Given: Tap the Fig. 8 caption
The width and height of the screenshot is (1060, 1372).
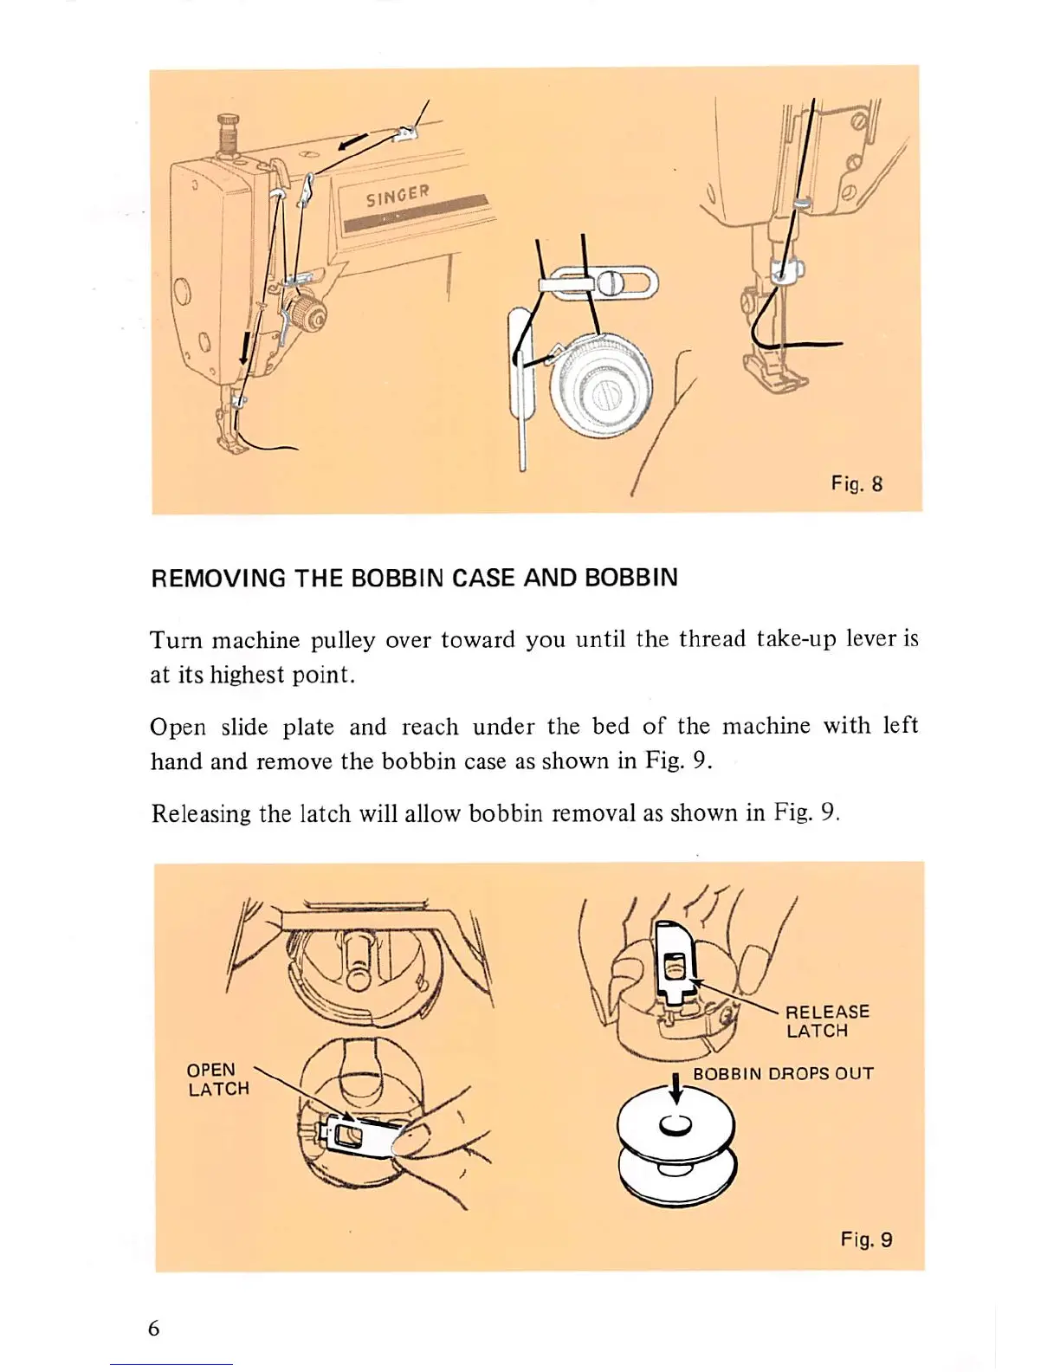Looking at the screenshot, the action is point(856,484).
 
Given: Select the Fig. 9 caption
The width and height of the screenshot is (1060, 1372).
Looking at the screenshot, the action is point(865,1239).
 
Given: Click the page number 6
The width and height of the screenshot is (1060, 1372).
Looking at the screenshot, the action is point(154,1328).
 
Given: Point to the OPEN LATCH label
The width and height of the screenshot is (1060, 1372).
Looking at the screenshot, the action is point(217,1079).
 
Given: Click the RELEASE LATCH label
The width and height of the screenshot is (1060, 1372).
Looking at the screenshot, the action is point(827,1021).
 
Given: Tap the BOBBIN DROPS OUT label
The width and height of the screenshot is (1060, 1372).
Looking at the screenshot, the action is point(783,1074).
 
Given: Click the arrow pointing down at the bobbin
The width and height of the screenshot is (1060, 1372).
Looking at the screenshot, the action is point(676,1090).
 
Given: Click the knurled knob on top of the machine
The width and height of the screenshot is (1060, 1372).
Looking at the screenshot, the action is point(229,131).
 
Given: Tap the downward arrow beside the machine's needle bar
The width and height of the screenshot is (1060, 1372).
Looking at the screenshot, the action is point(243,351).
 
